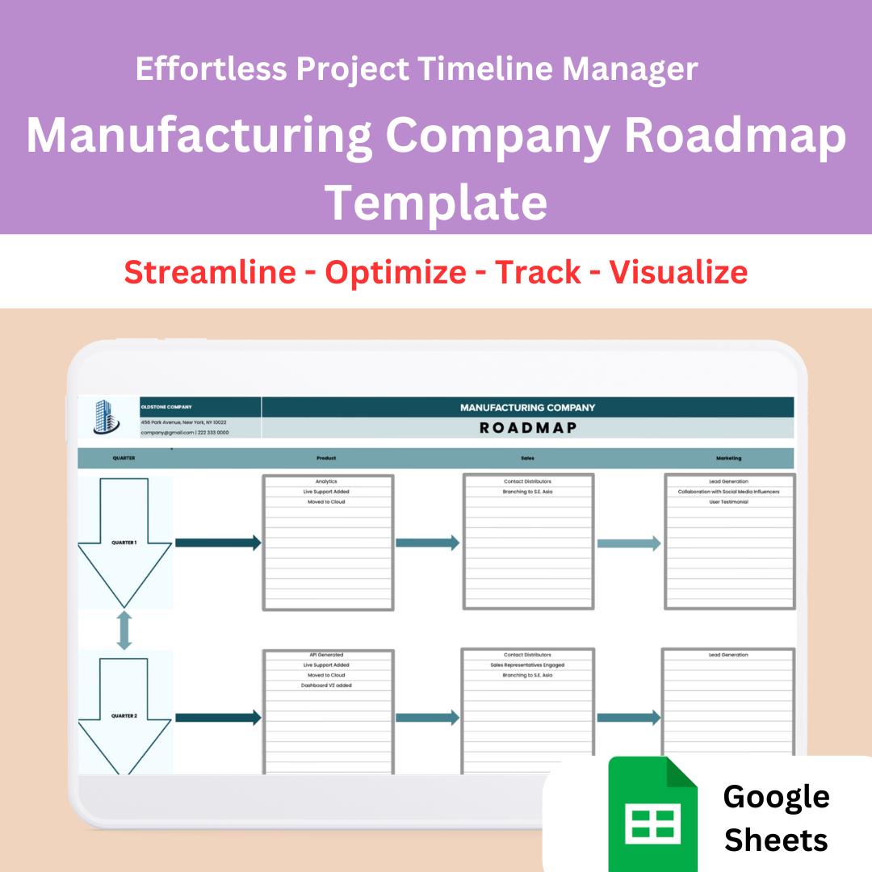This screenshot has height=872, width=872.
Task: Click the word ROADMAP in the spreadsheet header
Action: coord(528,428)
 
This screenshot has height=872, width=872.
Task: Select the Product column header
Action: coord(326,458)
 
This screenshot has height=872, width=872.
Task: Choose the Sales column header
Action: coord(527,458)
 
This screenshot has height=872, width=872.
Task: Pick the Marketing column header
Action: coord(728,458)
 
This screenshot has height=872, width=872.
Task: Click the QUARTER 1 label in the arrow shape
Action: coord(124,543)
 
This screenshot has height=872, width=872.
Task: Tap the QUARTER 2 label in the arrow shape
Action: coord(124,716)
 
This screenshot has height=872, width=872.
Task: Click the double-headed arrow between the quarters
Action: coord(124,631)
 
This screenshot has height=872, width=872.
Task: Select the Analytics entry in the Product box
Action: coord(326,481)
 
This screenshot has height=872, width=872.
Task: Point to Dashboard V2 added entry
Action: coord(328,685)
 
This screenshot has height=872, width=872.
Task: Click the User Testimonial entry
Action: coord(728,501)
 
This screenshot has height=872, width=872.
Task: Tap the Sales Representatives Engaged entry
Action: coord(527,665)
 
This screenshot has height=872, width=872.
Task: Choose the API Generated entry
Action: coord(326,655)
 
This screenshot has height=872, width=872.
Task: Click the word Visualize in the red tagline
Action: coord(678,272)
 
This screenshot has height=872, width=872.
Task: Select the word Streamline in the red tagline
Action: coord(210,272)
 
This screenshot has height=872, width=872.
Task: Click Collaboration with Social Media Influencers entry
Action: coord(728,492)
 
